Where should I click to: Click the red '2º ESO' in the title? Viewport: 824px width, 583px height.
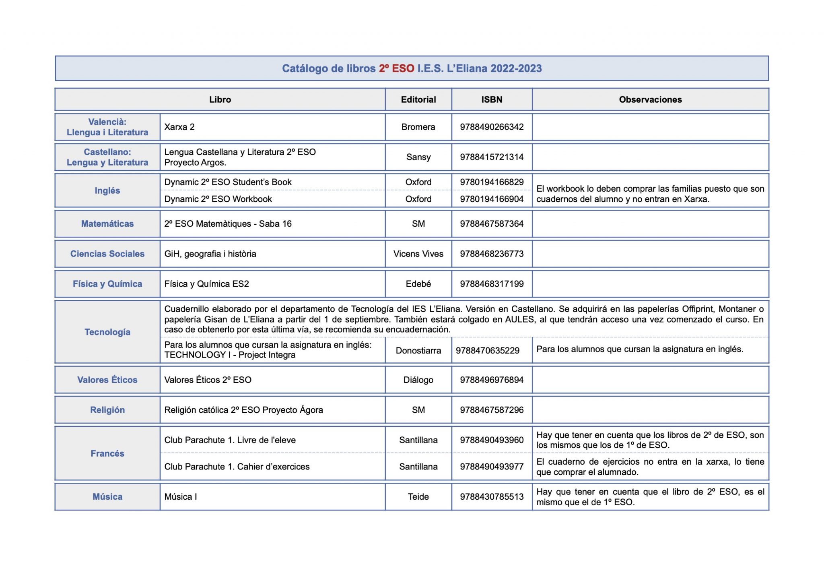point(396,68)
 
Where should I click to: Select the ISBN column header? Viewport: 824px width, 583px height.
point(492,99)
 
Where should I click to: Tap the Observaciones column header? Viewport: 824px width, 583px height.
point(650,99)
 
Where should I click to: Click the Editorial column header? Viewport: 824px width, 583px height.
point(418,99)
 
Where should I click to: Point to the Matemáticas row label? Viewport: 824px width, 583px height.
point(107,224)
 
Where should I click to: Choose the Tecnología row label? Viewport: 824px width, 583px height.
point(107,332)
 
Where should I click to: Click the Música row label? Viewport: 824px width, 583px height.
point(107,497)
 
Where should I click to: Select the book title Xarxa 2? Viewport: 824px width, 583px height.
point(179,127)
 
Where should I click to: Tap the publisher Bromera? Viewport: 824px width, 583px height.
point(418,127)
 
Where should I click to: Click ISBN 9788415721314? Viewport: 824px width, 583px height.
point(492,157)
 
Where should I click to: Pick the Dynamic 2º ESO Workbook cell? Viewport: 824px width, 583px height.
point(218,199)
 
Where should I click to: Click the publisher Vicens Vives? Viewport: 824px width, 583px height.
point(418,254)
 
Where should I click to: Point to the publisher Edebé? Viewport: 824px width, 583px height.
point(418,284)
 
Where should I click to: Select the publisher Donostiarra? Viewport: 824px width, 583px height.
point(418,351)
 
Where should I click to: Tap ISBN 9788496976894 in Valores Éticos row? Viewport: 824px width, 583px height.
point(492,380)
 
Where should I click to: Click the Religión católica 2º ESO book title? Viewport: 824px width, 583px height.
point(243,410)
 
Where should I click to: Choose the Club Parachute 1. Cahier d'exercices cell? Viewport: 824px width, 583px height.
point(237,467)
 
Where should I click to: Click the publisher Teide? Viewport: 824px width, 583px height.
point(418,497)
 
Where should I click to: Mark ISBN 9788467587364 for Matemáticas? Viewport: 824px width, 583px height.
point(492,224)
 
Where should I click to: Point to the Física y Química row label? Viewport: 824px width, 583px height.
point(107,284)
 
